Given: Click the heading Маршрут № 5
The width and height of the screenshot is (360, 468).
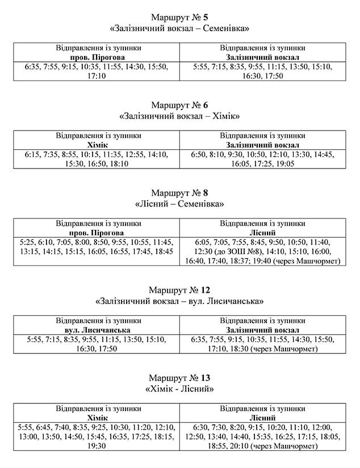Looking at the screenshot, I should tap(179, 16).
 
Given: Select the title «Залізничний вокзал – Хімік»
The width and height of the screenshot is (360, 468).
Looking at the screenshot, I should tap(179, 116).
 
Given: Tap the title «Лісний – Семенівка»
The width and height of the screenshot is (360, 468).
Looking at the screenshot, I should tap(179, 204).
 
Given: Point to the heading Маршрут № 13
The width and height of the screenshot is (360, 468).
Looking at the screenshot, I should tap(179, 377).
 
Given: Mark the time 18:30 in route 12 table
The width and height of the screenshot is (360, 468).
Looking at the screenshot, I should tap(239, 349).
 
